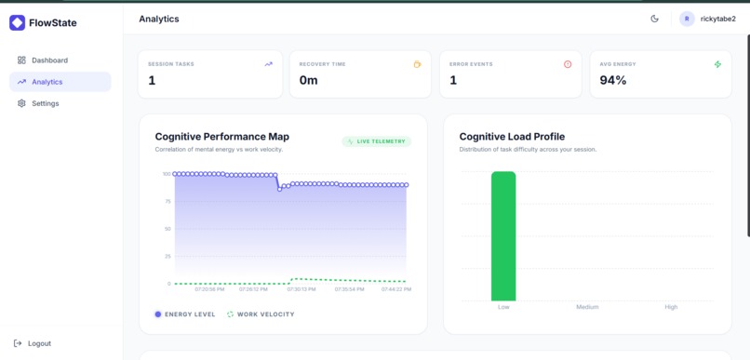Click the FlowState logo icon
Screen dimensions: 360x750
click(17, 23)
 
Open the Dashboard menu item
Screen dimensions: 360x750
click(49, 60)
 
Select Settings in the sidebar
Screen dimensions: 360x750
click(45, 103)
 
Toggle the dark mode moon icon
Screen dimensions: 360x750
click(654, 19)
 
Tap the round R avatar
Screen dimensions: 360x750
click(687, 19)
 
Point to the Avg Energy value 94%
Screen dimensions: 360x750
click(613, 81)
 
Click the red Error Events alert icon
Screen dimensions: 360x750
click(568, 64)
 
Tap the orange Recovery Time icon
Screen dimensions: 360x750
click(417, 64)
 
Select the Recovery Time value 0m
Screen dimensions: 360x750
click(308, 81)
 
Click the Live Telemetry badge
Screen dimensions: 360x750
click(376, 141)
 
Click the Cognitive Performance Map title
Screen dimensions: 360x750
click(221, 137)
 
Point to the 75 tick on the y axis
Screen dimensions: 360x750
click(167, 201)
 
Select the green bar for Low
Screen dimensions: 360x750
click(503, 236)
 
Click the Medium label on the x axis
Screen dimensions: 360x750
click(587, 307)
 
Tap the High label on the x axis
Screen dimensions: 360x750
click(671, 307)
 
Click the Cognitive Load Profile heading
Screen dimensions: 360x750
click(512, 137)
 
